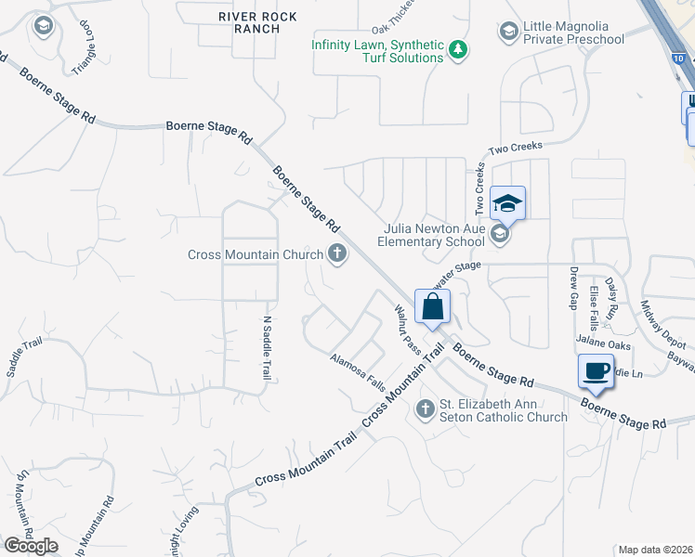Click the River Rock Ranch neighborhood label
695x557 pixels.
(249, 22)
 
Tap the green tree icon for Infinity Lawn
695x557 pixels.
(457, 49)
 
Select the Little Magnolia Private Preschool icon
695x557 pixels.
(507, 32)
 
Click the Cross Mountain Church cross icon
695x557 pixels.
(336, 253)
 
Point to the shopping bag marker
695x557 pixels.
(433, 306)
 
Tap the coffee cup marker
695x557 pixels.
(596, 371)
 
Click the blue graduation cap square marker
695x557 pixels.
(507, 202)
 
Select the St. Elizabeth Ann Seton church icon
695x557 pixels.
(425, 408)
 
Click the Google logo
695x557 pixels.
(31, 546)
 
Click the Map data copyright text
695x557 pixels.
(656, 550)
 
